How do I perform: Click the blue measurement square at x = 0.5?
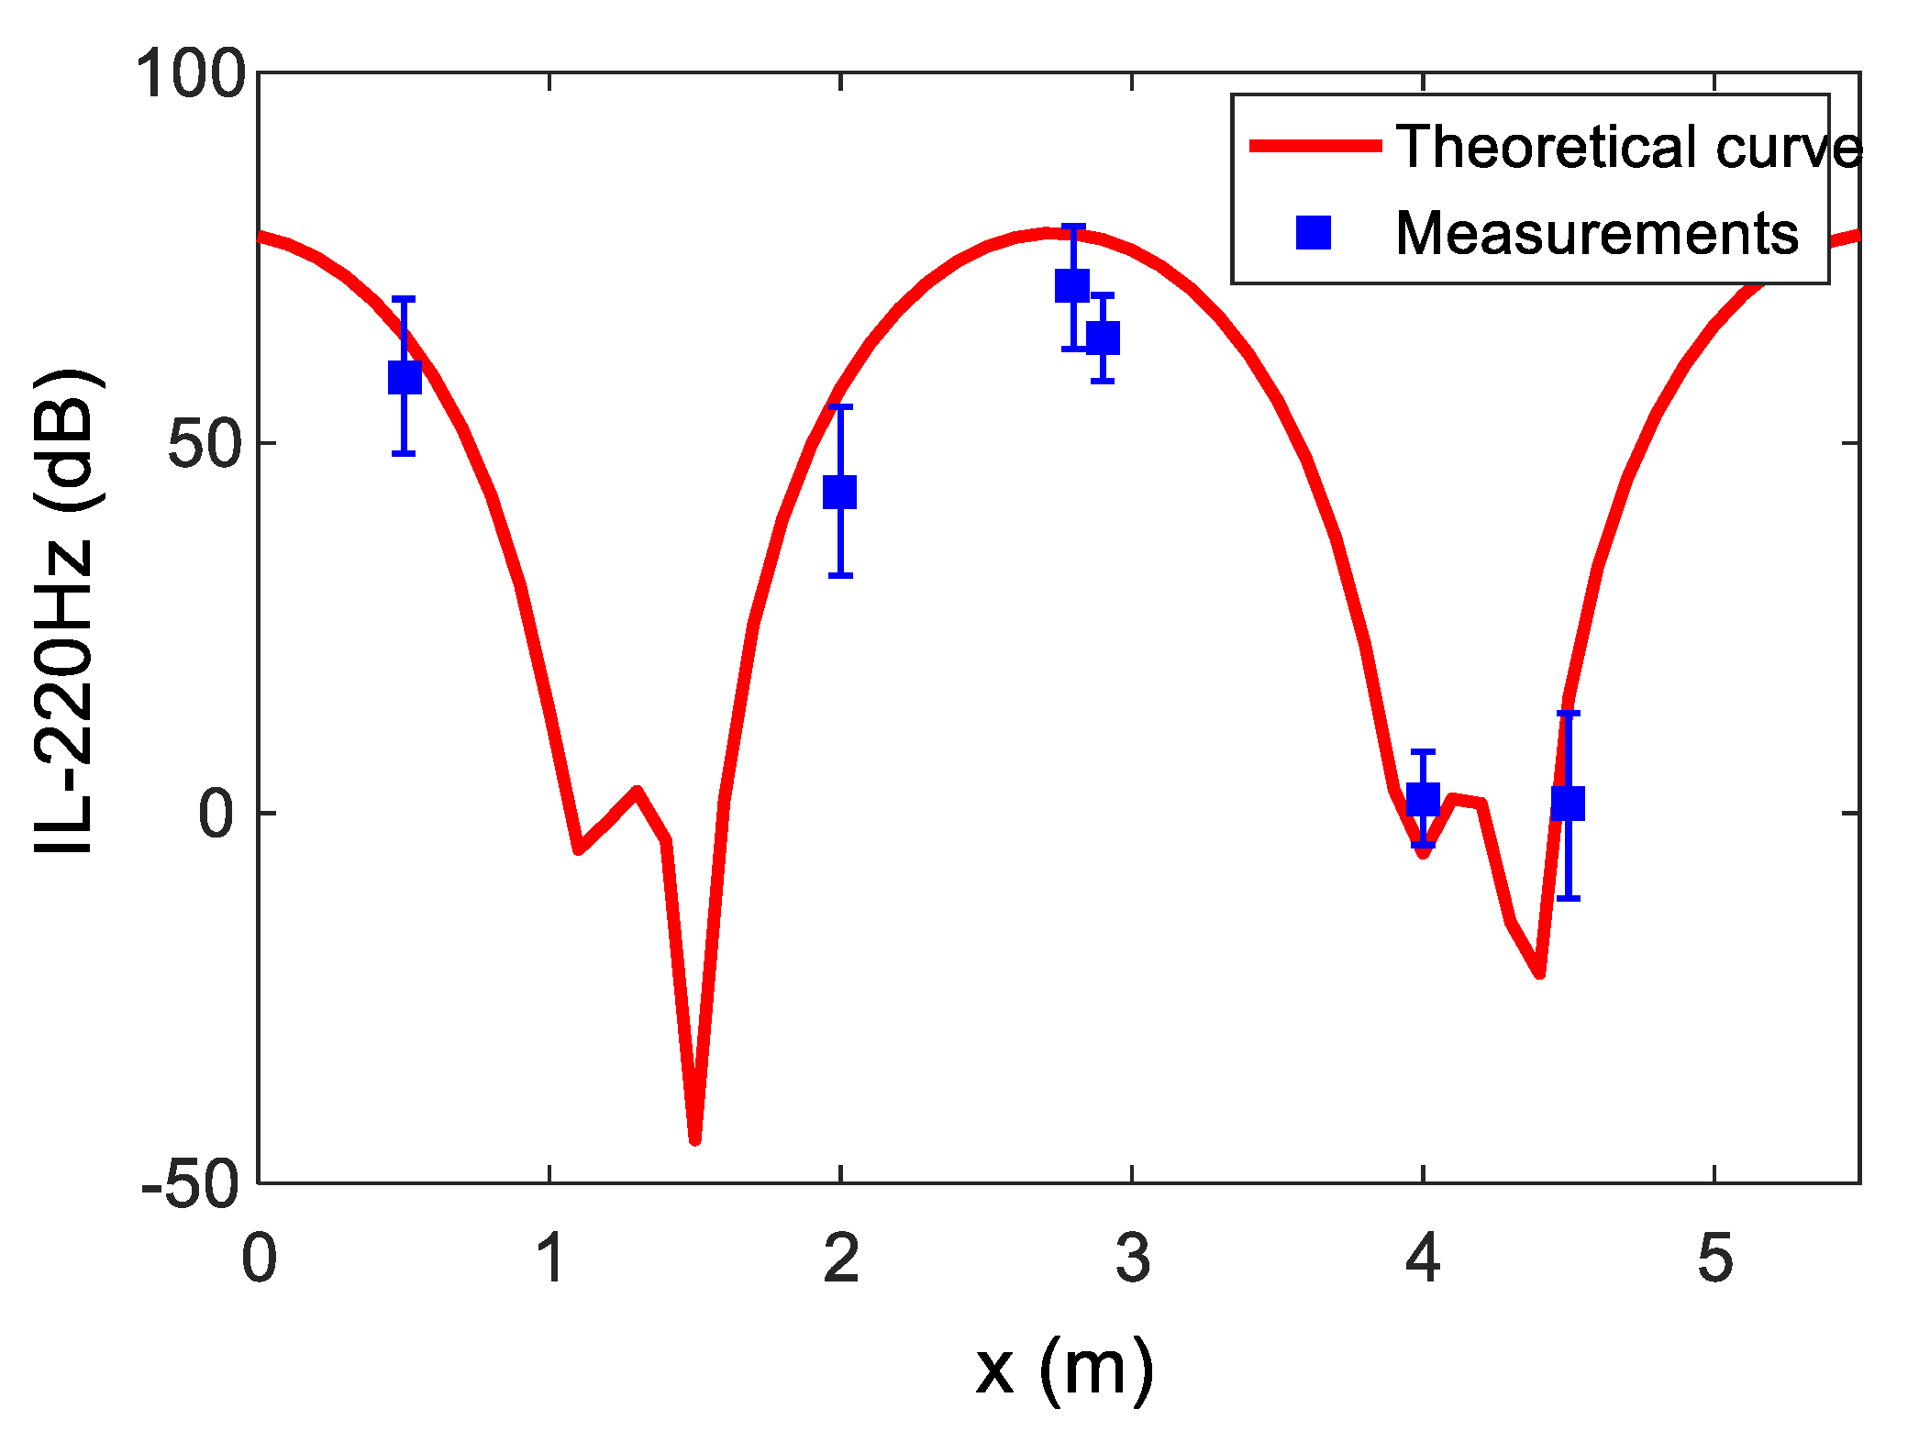[x=405, y=377]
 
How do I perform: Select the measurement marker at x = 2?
[x=840, y=492]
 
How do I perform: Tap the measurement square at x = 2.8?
[x=1072, y=286]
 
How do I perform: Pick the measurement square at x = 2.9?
[x=1103, y=338]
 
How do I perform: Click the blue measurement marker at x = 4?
[x=1423, y=800]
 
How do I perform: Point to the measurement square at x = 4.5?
[x=1569, y=804]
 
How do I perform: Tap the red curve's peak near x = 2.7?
[x=1046, y=233]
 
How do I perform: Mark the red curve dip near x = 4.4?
[x=1539, y=973]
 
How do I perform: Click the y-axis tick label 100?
[x=191, y=73]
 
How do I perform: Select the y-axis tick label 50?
[x=207, y=444]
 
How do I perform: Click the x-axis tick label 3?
[x=1133, y=1259]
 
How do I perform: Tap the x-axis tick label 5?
[x=1714, y=1259]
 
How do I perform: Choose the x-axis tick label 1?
[x=549, y=1259]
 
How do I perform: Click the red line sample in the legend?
[x=1315, y=146]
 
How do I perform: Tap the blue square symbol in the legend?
[x=1314, y=232]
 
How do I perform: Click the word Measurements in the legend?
[x=1596, y=233]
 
